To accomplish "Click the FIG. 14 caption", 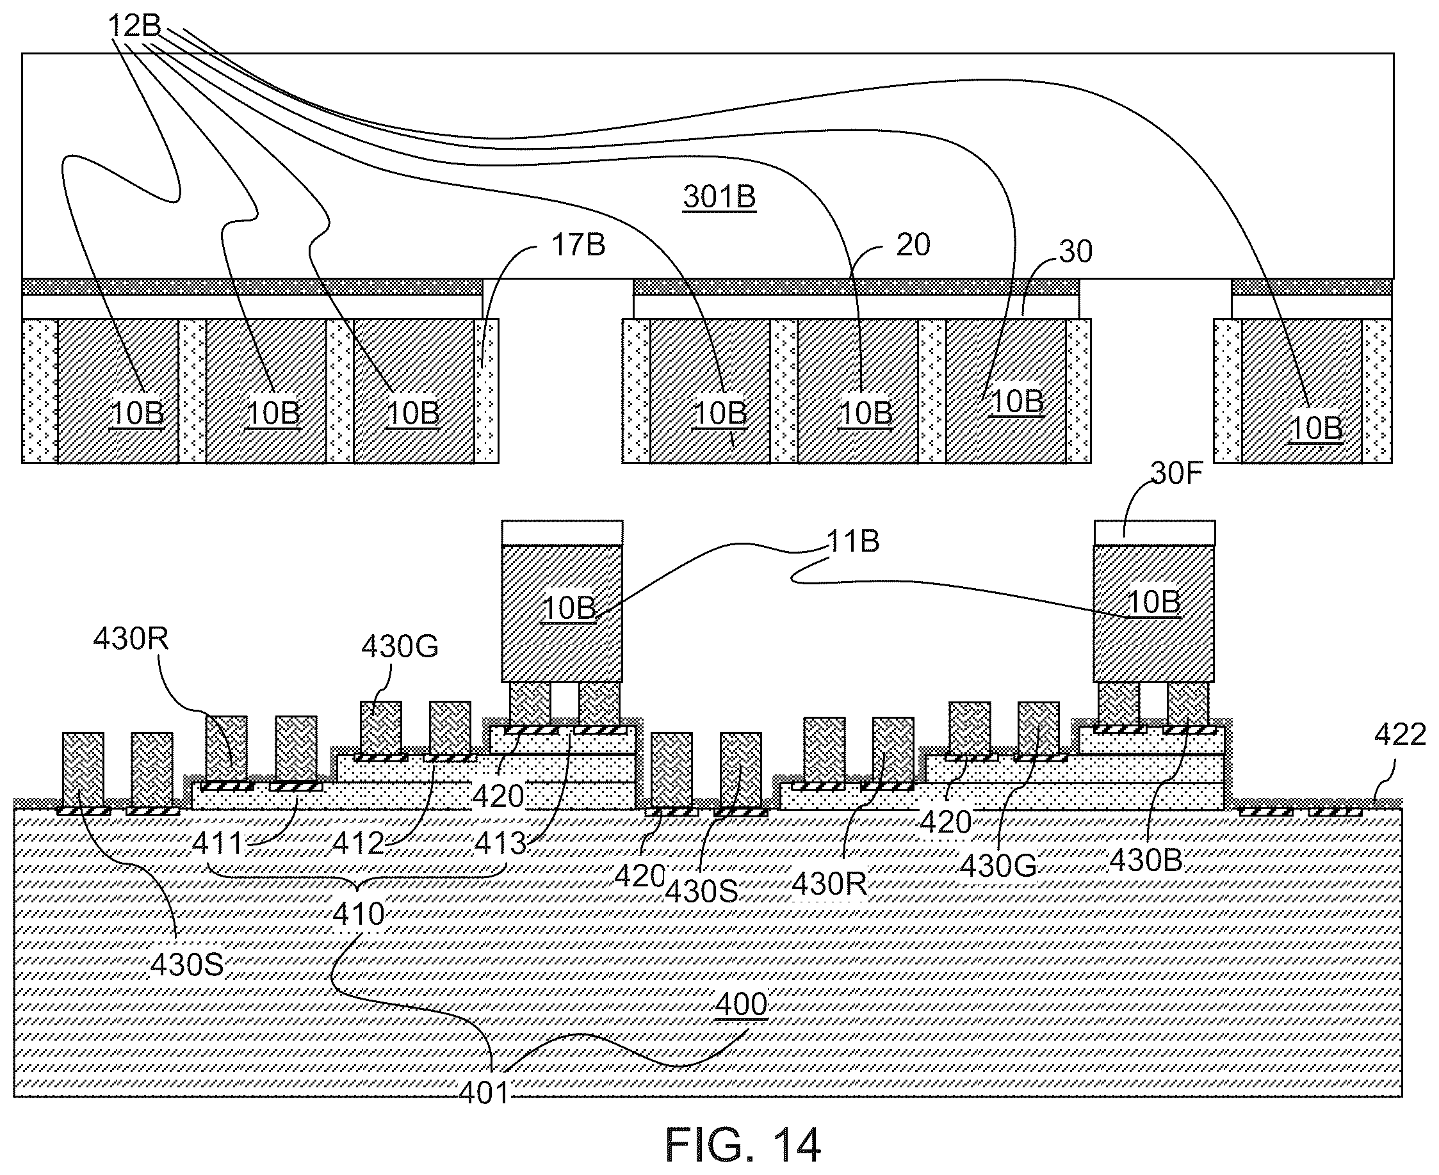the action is pos(743,1144).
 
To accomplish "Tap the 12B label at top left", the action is pos(134,26).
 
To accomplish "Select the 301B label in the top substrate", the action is pos(719,196).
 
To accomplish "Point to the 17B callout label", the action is pos(578,244).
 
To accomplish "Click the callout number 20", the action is pos(913,244).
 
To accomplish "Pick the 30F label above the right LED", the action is pos(1176,474).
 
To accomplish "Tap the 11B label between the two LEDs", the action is pos(852,541).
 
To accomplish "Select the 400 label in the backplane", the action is pos(742,1004).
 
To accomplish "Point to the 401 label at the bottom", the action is pos(484,1092).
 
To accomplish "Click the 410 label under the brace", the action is pos(359,915).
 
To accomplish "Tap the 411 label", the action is pos(217,843).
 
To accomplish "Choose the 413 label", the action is pos(500,843).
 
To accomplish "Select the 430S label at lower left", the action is pos(187,965).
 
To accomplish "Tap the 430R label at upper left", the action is pos(131,638).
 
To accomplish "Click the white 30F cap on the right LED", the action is pos(1155,532).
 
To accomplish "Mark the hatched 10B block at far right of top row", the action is pos(1301,391).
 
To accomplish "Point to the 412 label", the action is pos(358,843).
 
